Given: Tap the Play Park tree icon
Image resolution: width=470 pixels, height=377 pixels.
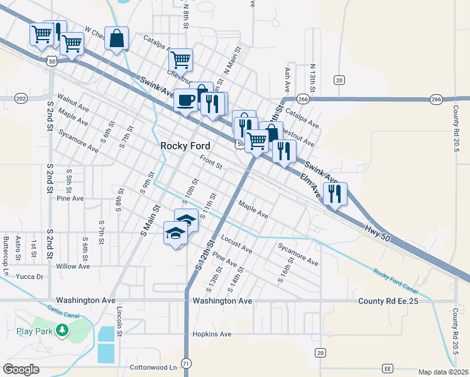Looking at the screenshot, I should [62, 330].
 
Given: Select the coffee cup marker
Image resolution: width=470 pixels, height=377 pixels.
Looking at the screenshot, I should [185, 100].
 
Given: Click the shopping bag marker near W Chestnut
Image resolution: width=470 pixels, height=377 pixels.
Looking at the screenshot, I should [117, 38].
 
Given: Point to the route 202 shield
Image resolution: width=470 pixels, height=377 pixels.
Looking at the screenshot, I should [21, 99].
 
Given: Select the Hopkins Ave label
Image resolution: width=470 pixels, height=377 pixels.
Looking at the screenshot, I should [212, 334].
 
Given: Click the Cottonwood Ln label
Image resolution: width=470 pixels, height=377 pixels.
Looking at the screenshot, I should [153, 367].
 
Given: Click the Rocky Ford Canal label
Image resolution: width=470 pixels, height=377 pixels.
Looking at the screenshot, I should [396, 281].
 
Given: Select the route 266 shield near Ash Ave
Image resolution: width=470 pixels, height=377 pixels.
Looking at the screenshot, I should [303, 99].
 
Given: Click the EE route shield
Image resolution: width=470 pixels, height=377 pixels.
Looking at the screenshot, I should [388, 368].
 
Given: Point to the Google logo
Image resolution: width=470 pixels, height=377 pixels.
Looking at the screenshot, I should [21, 369].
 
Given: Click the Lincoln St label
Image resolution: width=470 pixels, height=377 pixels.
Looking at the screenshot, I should [117, 322].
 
